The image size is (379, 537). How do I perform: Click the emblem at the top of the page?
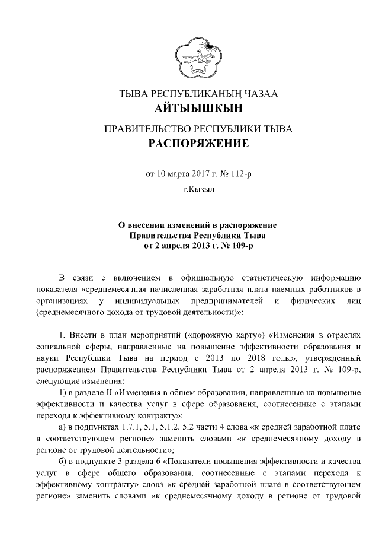(x=189, y=56)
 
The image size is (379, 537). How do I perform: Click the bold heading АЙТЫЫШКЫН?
(x=189, y=109)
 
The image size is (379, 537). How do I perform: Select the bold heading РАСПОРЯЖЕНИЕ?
(x=189, y=144)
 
